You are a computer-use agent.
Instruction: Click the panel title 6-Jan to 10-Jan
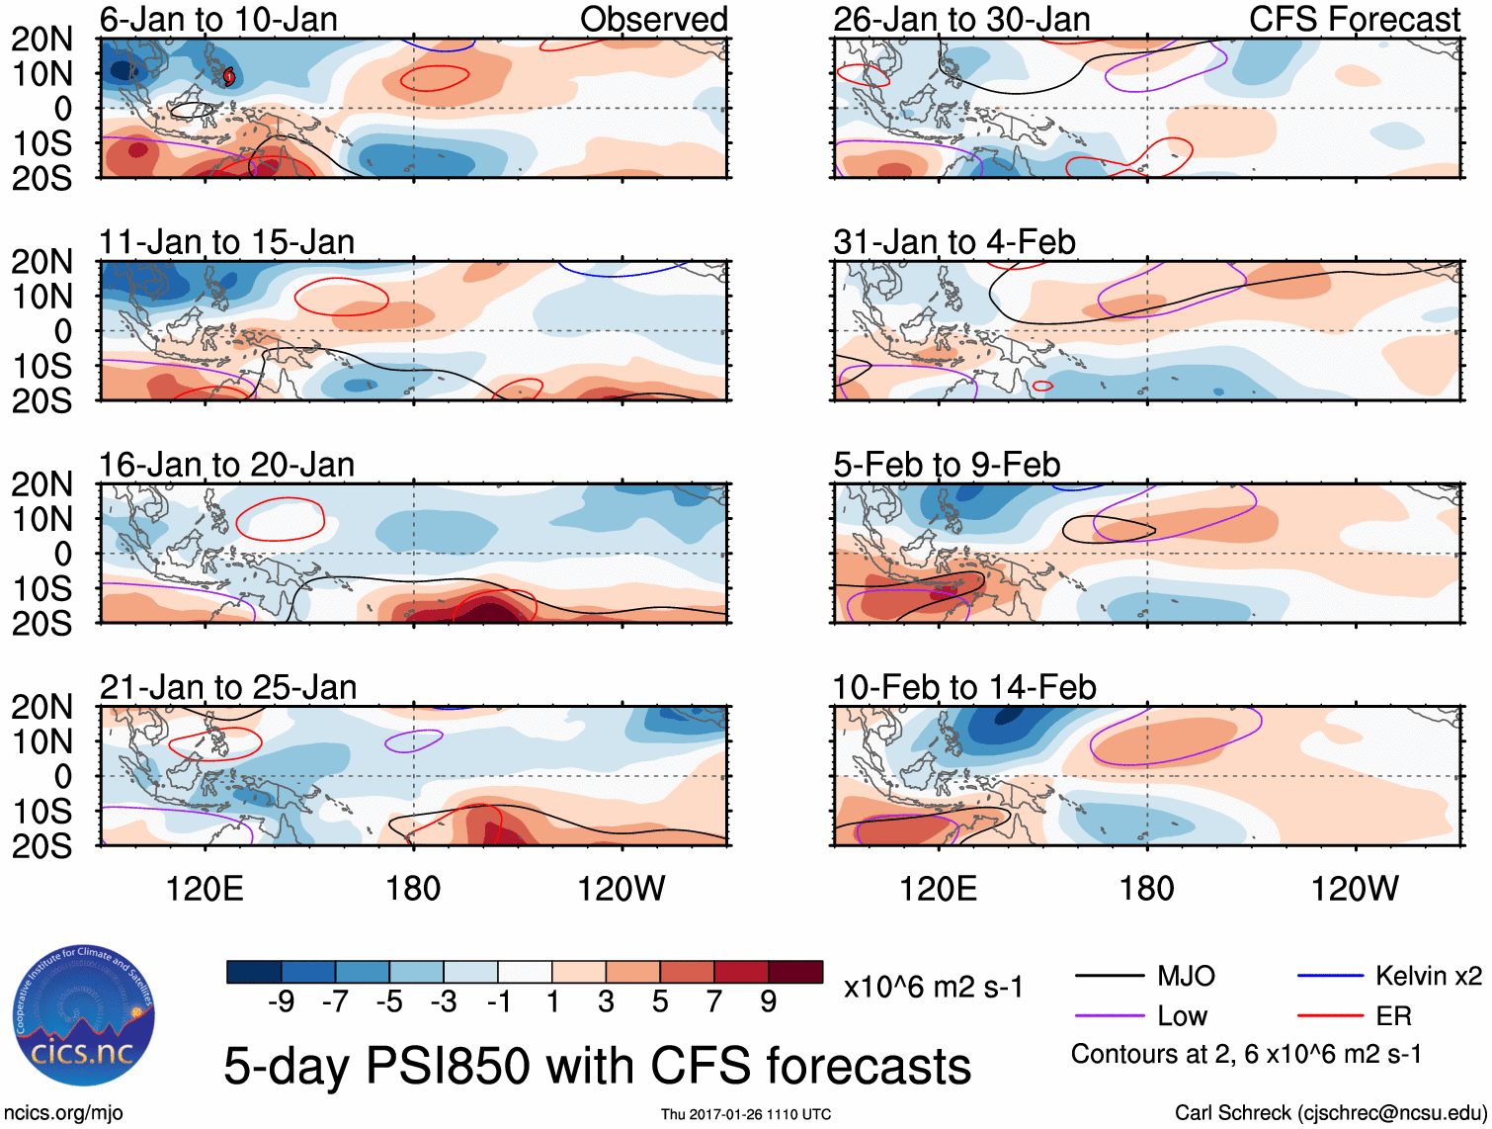click(x=218, y=20)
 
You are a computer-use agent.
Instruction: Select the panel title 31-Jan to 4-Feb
click(x=954, y=242)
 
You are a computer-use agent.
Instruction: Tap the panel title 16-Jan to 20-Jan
click(x=226, y=465)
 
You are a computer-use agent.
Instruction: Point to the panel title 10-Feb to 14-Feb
click(x=964, y=687)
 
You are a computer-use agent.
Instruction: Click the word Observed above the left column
click(x=653, y=20)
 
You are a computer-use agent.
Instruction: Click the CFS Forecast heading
click(x=1354, y=20)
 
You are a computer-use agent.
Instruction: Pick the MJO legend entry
click(x=1186, y=977)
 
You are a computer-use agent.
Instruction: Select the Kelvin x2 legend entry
click(x=1428, y=977)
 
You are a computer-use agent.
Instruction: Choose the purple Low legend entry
click(x=1182, y=1016)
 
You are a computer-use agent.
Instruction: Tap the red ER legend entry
click(x=1393, y=1016)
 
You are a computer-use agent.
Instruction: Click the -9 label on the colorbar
click(x=281, y=1002)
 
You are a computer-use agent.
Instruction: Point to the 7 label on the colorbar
click(x=714, y=1002)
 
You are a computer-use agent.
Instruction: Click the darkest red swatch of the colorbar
click(x=795, y=972)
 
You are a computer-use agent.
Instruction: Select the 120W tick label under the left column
click(x=622, y=889)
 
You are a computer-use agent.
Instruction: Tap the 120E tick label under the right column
click(x=938, y=889)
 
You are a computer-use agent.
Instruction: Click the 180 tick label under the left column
click(x=413, y=889)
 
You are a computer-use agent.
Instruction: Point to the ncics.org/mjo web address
click(x=64, y=1113)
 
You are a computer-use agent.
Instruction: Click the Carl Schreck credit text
click(x=1330, y=1113)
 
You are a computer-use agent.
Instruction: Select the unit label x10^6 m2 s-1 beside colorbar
click(x=934, y=988)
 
